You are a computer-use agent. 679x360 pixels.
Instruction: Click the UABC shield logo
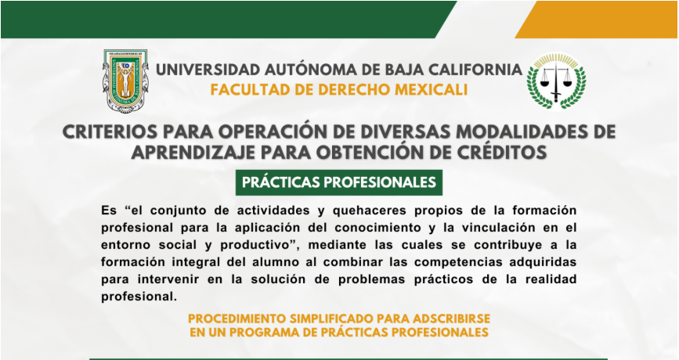(125, 81)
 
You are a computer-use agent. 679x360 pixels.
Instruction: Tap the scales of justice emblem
(556, 81)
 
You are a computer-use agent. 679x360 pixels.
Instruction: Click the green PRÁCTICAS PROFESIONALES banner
(339, 182)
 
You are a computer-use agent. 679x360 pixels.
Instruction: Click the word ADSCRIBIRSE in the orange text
(451, 319)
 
